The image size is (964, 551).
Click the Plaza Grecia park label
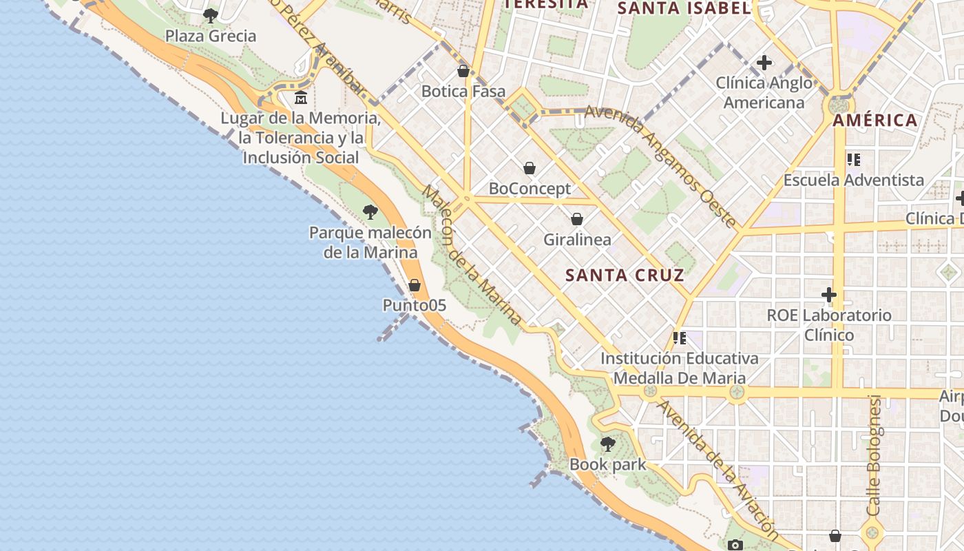coord(211,36)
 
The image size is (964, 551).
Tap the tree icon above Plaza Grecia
coord(211,15)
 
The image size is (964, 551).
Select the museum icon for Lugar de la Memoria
coord(301,98)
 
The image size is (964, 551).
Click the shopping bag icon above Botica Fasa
coord(463,71)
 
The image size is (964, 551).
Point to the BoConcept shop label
coord(530,188)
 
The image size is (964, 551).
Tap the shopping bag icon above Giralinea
coord(577,219)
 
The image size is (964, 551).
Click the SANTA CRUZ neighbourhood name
coord(625,275)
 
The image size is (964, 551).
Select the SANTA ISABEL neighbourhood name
coord(684,8)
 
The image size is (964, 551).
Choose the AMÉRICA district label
coord(875,121)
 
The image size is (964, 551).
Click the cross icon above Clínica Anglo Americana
coord(764,63)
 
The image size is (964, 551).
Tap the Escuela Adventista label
coord(854,180)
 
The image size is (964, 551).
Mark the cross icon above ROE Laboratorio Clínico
coord(829,295)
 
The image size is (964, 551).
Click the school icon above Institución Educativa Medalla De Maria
coord(680,337)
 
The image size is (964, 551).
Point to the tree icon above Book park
coord(607,444)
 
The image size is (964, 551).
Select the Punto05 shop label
coord(415,304)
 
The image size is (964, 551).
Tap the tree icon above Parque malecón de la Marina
coord(370,211)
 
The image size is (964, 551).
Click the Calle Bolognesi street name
coord(874,455)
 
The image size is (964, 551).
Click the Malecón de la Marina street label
coord(472,255)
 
